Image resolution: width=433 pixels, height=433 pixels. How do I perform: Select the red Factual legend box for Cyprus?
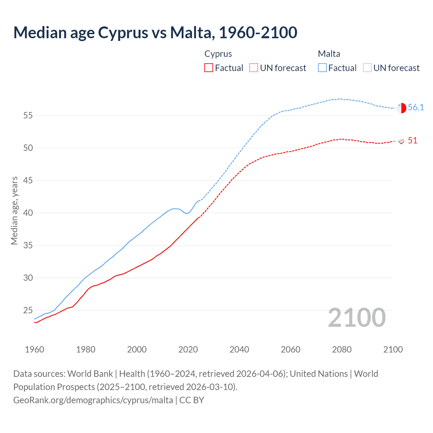[209, 68]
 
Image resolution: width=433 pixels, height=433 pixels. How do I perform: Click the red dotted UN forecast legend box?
[254, 68]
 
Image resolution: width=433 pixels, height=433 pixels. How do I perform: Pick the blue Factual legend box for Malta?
[322, 68]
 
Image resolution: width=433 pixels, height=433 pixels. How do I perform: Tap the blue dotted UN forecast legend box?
[367, 68]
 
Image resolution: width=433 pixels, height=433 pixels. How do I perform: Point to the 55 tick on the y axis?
[28, 115]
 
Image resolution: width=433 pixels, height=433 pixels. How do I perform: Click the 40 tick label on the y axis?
[28, 213]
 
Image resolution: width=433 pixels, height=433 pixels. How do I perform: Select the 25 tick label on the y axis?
[28, 310]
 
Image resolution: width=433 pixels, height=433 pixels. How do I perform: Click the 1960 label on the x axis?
[35, 349]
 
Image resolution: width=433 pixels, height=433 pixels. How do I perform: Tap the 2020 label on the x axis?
[188, 349]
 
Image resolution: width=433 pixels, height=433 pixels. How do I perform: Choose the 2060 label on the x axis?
[291, 349]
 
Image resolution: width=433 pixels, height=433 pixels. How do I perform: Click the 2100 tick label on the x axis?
[393, 349]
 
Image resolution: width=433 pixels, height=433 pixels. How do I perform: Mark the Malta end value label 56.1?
[416, 107]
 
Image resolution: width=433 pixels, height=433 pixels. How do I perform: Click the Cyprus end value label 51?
[412, 140]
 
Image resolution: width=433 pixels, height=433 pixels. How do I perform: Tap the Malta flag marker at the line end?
[401, 108]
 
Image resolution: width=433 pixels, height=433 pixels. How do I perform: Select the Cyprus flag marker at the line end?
[402, 141]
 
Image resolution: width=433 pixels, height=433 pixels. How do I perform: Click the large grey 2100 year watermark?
[357, 318]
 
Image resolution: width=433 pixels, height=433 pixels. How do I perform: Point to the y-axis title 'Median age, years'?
[14, 210]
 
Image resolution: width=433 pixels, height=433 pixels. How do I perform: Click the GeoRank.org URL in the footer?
[93, 400]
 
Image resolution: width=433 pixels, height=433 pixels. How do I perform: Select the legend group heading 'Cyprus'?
[218, 54]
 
